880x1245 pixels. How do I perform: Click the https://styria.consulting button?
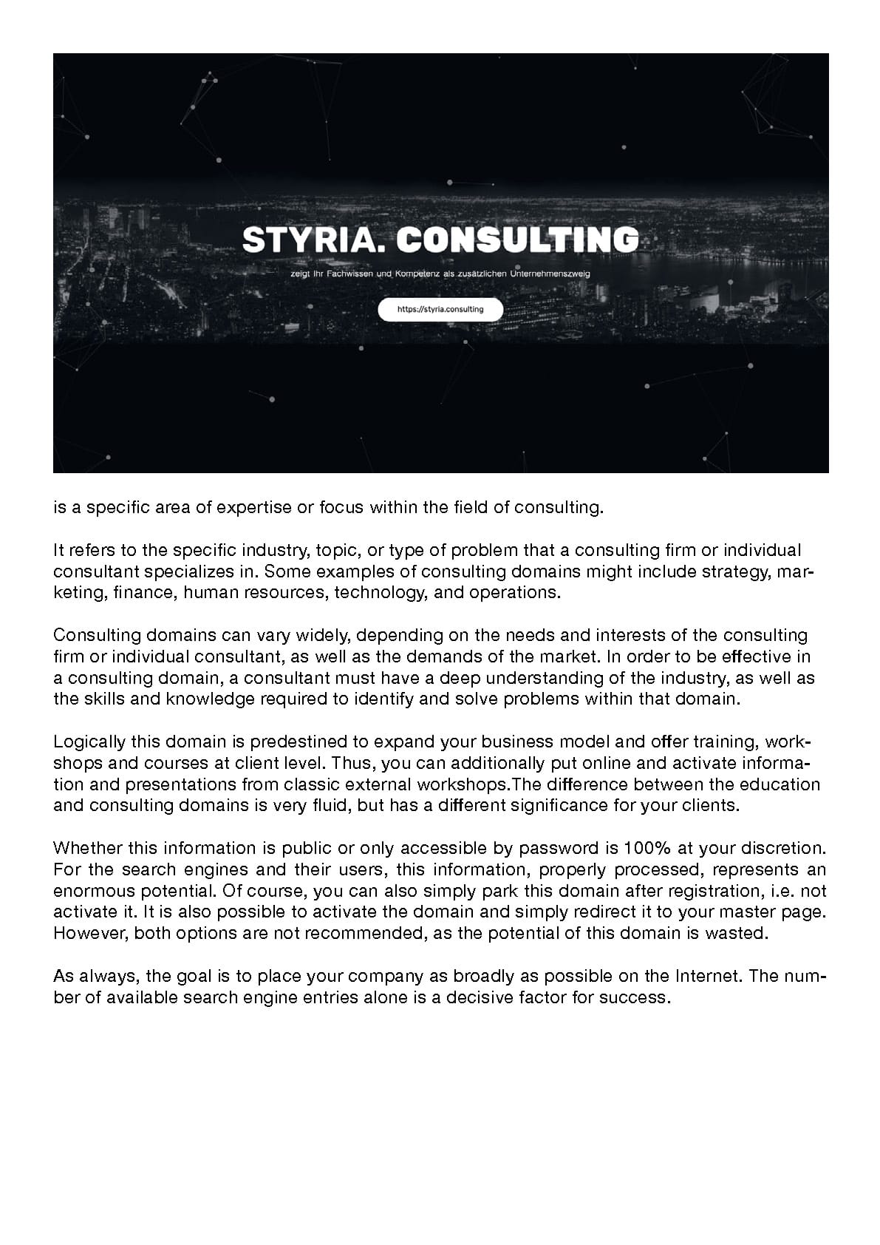(440, 310)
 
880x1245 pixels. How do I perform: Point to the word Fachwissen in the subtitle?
(352, 274)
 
